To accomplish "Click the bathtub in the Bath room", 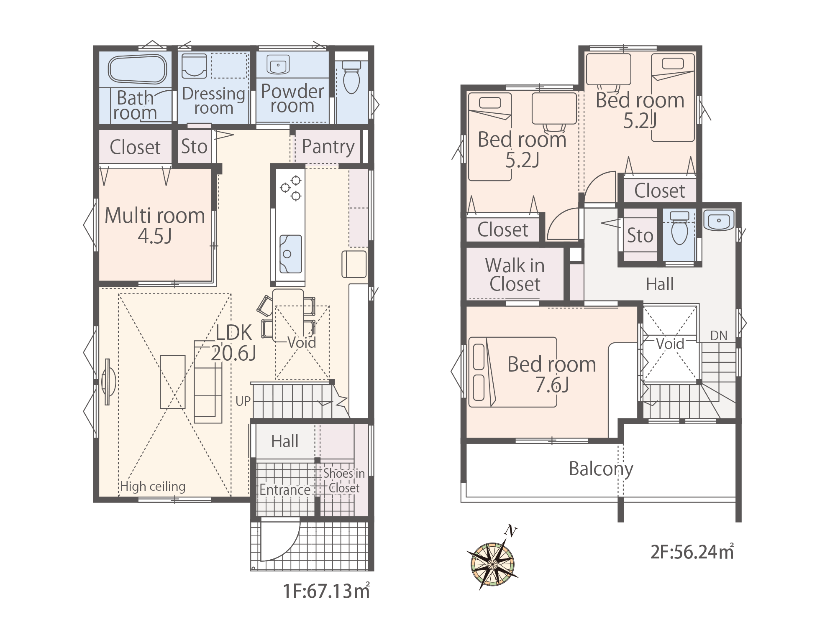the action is pos(138,69).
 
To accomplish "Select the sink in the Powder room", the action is pos(278,65).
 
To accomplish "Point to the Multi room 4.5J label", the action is pos(155,225).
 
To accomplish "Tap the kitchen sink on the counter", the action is pos(290,254).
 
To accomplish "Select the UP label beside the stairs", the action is pos(243,401).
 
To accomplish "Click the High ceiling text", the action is pos(153,487).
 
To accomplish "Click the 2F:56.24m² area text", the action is pos(692,552).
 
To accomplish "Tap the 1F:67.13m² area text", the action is pos(326,591).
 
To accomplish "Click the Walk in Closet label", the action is pos(515,275).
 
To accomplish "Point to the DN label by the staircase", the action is pos(719,335).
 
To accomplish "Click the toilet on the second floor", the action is pos(679,228).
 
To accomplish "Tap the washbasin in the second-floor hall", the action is pos(719,220).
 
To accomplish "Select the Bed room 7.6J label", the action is pos(552,375).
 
